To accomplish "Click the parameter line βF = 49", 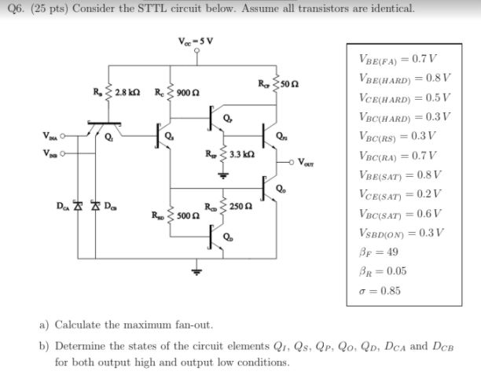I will pyautogui.click(x=382, y=252).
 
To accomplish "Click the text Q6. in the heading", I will pyautogui.click(x=13, y=9).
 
